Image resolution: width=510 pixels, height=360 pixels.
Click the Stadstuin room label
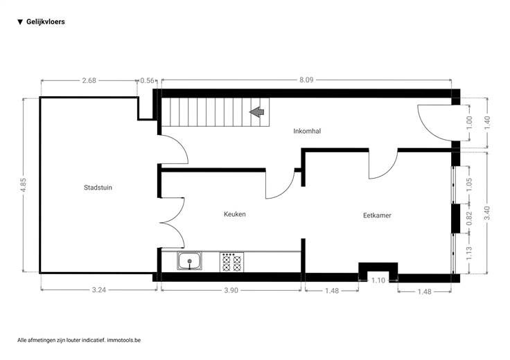[98, 188]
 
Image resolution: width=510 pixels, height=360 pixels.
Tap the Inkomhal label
[307, 131]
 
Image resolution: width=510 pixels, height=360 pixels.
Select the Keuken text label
[234, 214]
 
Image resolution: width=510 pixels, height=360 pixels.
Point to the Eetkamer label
[377, 215]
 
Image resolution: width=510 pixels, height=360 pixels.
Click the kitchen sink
[189, 260]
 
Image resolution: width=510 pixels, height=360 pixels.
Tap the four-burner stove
[231, 262]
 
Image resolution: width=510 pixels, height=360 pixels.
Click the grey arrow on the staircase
[257, 112]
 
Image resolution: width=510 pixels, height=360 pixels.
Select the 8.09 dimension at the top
[306, 80]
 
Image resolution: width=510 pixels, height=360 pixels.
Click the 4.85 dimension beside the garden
[23, 186]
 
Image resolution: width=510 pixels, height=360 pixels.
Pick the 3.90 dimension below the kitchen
[231, 290]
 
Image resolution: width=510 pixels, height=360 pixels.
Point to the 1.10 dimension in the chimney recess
[378, 280]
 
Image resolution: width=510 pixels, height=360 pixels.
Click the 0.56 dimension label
[147, 80]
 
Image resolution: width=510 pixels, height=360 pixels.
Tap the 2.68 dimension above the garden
[89, 80]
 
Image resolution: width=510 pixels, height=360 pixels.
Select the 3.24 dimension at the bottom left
[99, 290]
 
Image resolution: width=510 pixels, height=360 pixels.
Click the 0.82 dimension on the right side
[469, 218]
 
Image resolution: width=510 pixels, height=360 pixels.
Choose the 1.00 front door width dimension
[469, 123]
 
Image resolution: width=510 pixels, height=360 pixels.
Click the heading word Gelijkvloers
[46, 21]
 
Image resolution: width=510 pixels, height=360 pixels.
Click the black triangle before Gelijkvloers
[20, 22]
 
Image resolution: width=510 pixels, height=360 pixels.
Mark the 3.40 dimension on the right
[487, 213]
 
